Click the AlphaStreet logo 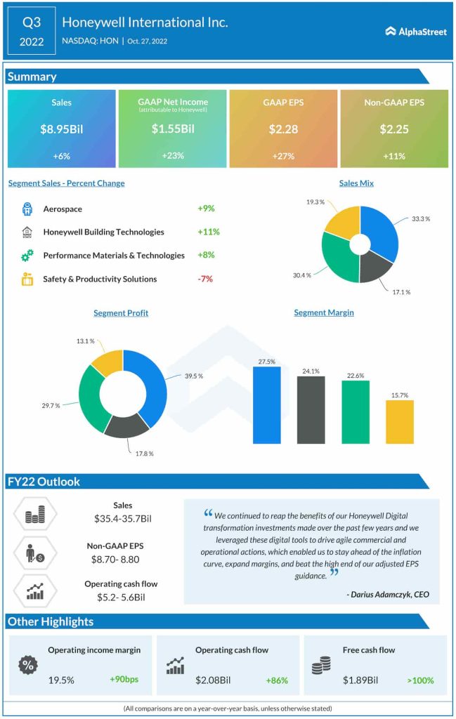click(x=416, y=31)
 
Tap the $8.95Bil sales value click(x=61, y=128)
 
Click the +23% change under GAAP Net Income click(x=172, y=156)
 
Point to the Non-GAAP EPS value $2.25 click(x=393, y=128)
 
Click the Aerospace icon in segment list click(x=27, y=209)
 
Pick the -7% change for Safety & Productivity click(x=205, y=279)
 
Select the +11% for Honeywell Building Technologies click(x=209, y=232)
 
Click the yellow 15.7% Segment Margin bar click(x=400, y=422)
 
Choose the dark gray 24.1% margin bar click(x=311, y=410)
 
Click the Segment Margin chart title click(x=323, y=312)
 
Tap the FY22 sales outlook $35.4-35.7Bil click(x=123, y=519)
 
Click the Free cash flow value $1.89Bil click(x=360, y=680)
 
